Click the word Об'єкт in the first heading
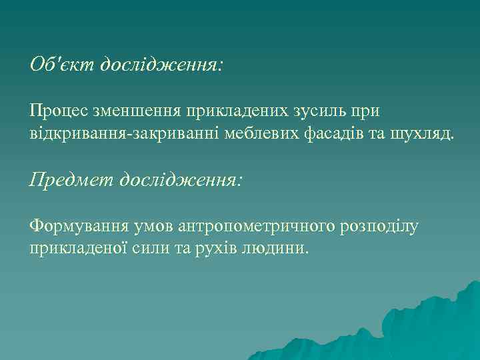[x=62, y=64]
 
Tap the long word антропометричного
[x=258, y=227]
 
